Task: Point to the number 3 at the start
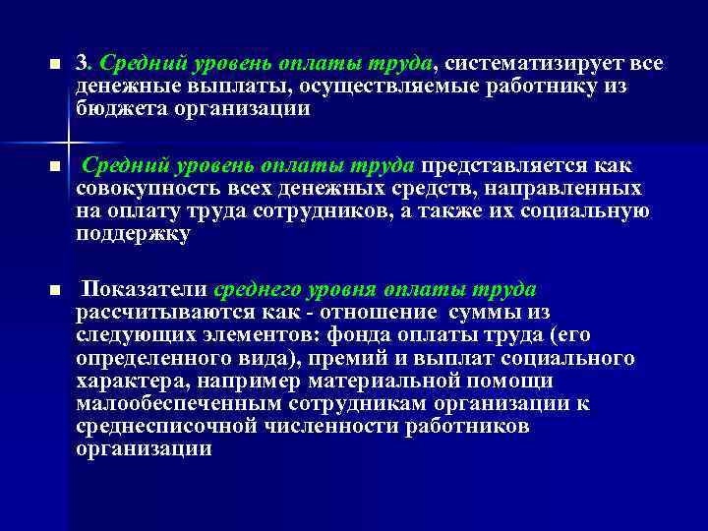pyautogui.click(x=83, y=63)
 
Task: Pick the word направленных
pyautogui.click(x=579, y=188)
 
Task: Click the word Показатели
pyautogui.click(x=144, y=289)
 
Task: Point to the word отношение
pyautogui.click(x=384, y=313)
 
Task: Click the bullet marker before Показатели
pyautogui.click(x=54, y=291)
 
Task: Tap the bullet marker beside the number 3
pyautogui.click(x=54, y=65)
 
